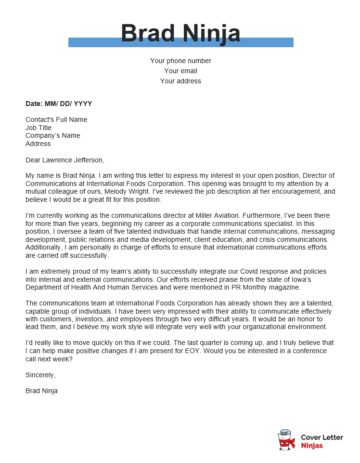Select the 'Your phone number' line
point(180,61)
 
